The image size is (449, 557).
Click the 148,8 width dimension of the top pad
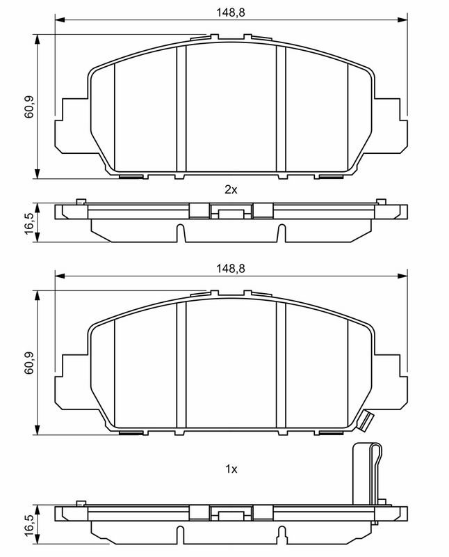pos(231,13)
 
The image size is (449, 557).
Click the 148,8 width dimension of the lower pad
pos(231,269)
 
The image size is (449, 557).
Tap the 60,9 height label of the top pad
pos(29,107)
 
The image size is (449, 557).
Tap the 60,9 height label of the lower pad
pos(29,363)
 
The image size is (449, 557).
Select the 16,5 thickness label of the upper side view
pos(29,223)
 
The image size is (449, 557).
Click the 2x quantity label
pos(231,189)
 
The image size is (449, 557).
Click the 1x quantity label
pos(231,469)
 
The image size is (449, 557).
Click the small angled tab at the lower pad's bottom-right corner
pos(366,421)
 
